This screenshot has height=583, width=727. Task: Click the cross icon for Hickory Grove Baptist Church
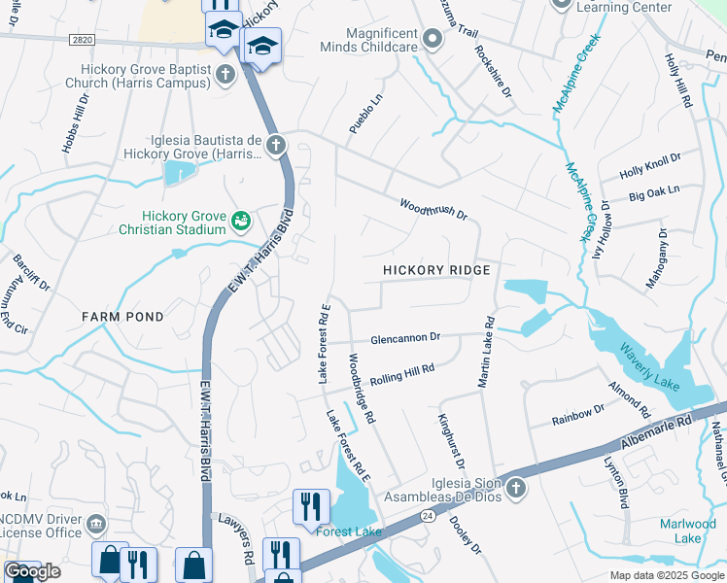click(x=225, y=73)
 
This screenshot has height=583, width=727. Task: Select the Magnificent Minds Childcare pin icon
click(x=433, y=39)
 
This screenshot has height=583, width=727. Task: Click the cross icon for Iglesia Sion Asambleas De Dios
click(x=515, y=486)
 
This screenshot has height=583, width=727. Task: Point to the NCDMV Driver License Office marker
click(x=95, y=525)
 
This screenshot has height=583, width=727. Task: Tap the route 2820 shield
click(x=83, y=39)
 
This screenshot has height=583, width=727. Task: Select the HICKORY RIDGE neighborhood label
click(x=435, y=269)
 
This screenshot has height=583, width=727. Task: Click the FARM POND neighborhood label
click(x=122, y=317)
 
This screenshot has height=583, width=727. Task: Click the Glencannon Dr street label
click(x=405, y=338)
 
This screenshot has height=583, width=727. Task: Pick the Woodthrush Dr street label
click(x=433, y=209)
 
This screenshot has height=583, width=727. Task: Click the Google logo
click(x=32, y=571)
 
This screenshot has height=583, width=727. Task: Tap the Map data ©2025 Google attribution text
click(x=666, y=575)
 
